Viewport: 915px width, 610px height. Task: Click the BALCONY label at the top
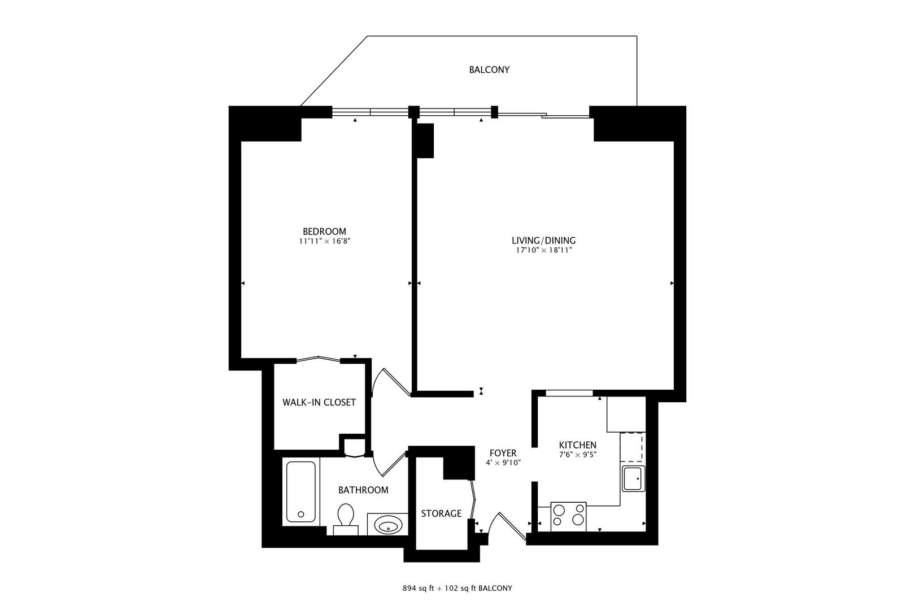click(x=489, y=70)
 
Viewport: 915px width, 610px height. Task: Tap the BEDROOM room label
click(x=324, y=232)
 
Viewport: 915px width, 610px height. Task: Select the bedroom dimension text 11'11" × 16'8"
click(x=324, y=241)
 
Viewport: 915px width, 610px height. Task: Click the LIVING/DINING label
click(x=543, y=241)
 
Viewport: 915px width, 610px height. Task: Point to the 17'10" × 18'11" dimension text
click(x=543, y=250)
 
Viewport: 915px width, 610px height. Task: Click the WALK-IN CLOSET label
click(x=319, y=403)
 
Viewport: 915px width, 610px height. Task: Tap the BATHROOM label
click(x=363, y=490)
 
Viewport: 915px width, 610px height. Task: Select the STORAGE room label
click(x=441, y=514)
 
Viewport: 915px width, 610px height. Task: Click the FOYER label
click(x=503, y=453)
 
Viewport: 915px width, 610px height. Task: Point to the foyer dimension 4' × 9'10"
click(x=503, y=463)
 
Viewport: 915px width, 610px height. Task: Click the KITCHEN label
click(x=577, y=445)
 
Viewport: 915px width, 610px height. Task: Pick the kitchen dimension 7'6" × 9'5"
click(x=577, y=454)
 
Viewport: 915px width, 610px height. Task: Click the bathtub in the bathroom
click(x=300, y=492)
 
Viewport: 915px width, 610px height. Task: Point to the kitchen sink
click(x=633, y=479)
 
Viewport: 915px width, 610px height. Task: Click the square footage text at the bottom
click(x=457, y=588)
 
